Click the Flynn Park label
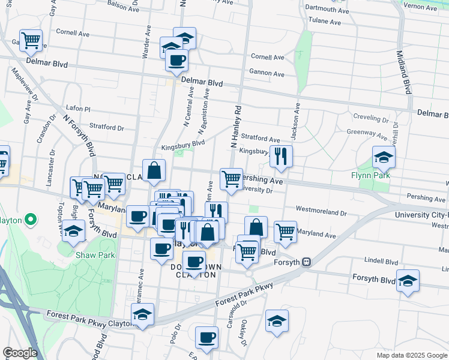(x=371, y=175)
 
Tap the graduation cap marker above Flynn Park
(x=384, y=158)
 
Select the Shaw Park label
(x=90, y=255)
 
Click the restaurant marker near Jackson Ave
(x=281, y=157)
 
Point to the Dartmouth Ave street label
(x=327, y=10)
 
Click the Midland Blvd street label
(x=403, y=71)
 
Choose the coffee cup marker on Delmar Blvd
(x=176, y=61)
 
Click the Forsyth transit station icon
(x=306, y=262)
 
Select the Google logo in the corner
(x=20, y=352)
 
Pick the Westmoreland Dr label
(x=321, y=212)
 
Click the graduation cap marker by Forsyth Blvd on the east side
(x=408, y=281)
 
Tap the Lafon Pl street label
(x=78, y=109)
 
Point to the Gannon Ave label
(x=267, y=73)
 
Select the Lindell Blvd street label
(x=382, y=262)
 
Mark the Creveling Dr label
(x=372, y=119)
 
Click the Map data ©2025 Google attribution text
(x=411, y=355)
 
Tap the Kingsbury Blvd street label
(x=183, y=144)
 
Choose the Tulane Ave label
(x=325, y=22)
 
